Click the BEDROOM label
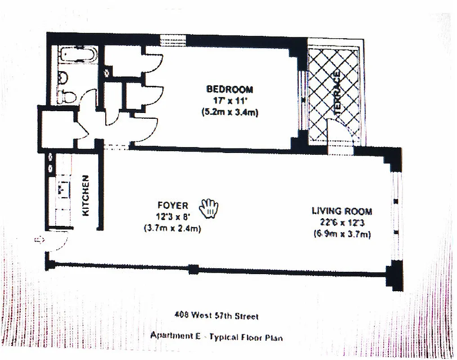click(x=229, y=89)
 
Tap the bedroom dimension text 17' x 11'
click(x=230, y=101)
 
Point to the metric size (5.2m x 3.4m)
click(x=230, y=112)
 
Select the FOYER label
click(x=173, y=206)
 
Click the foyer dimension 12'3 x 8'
click(x=173, y=217)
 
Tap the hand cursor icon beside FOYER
click(x=209, y=207)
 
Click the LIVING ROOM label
click(x=342, y=211)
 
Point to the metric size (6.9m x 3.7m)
click(x=342, y=234)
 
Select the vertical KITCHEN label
click(x=87, y=194)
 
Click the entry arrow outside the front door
click(x=39, y=240)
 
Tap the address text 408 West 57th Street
click(x=216, y=316)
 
